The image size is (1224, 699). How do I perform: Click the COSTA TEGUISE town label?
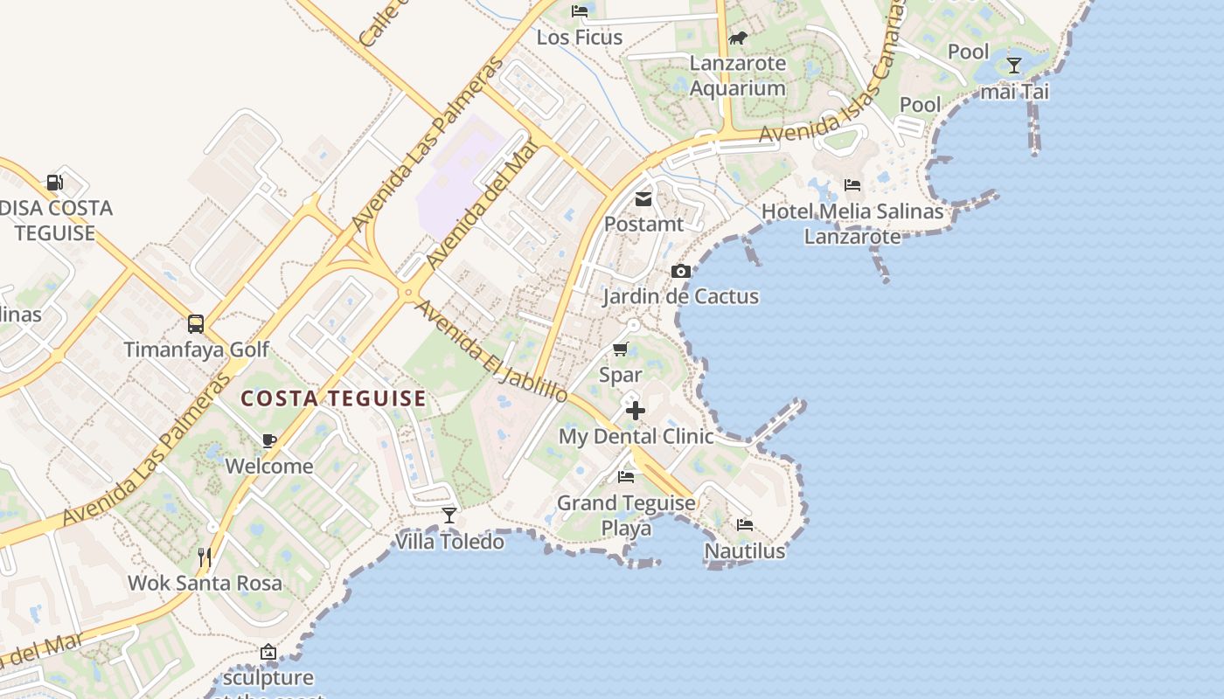[333, 399]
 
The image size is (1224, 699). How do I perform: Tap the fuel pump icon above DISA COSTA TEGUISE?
[54, 183]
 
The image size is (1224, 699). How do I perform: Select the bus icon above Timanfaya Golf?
[196, 324]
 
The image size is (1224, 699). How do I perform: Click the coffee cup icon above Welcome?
[268, 440]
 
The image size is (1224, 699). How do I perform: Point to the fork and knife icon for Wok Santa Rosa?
[205, 557]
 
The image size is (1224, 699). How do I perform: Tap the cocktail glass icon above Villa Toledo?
[449, 516]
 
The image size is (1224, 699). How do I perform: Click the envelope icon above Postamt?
[643, 198]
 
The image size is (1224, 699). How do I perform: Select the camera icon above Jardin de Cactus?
[680, 272]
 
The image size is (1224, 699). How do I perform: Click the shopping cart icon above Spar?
[621, 349]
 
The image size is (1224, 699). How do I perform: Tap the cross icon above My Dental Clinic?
[636, 411]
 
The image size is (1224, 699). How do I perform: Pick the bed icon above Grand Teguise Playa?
[626, 477]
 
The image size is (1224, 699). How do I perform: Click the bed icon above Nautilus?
[745, 525]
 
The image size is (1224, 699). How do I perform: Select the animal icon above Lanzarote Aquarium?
[738, 38]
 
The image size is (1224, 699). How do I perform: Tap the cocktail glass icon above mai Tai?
[1014, 66]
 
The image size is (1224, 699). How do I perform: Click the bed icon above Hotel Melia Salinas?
[852, 185]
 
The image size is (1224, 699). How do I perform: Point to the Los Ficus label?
[580, 38]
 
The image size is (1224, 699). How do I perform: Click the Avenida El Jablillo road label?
[490, 352]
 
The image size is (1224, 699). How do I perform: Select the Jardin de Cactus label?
[680, 296]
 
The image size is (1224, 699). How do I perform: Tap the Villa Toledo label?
[449, 542]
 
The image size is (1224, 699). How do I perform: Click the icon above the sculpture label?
[268, 652]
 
